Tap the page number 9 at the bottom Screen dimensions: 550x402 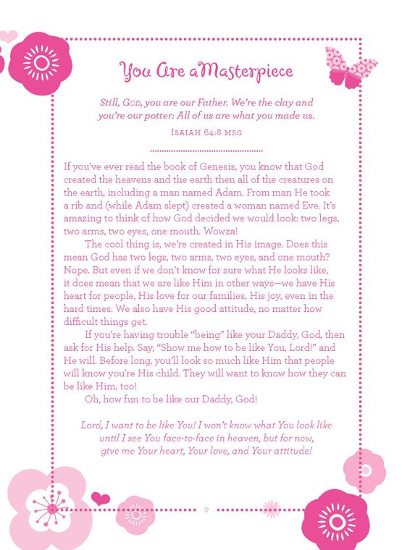tap(206, 510)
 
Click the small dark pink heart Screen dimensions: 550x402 tap(101, 499)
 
